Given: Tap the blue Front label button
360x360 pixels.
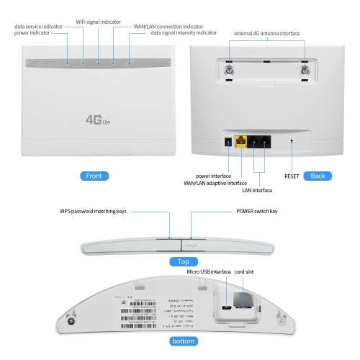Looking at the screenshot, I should [93, 176].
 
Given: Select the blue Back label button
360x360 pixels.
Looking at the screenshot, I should [318, 176].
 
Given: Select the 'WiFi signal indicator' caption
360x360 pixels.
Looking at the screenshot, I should [99, 22].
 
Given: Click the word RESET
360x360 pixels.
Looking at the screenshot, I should [291, 176].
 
